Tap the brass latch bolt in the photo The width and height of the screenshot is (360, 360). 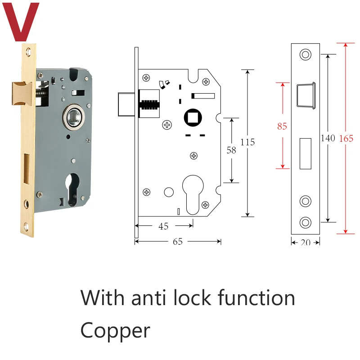[x=22, y=94]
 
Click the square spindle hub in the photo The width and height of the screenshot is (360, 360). [x=74, y=117]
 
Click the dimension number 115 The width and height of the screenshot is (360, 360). [x=247, y=142]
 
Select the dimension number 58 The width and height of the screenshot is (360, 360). [x=231, y=150]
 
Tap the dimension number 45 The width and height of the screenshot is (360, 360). [x=163, y=226]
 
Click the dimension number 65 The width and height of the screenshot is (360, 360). [x=178, y=242]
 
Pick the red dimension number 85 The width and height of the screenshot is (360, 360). [x=282, y=126]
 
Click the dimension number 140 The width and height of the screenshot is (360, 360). [x=328, y=138]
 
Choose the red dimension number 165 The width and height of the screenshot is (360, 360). [x=346, y=139]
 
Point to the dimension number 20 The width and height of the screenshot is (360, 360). [x=306, y=242]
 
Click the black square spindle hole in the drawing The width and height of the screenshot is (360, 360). [x=193, y=117]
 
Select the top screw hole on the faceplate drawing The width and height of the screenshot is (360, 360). [x=306, y=54]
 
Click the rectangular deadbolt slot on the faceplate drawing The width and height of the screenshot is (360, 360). [x=306, y=153]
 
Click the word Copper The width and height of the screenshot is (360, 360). [x=115, y=331]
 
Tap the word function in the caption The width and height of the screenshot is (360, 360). [x=256, y=298]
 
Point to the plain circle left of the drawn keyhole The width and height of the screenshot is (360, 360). [x=169, y=192]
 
